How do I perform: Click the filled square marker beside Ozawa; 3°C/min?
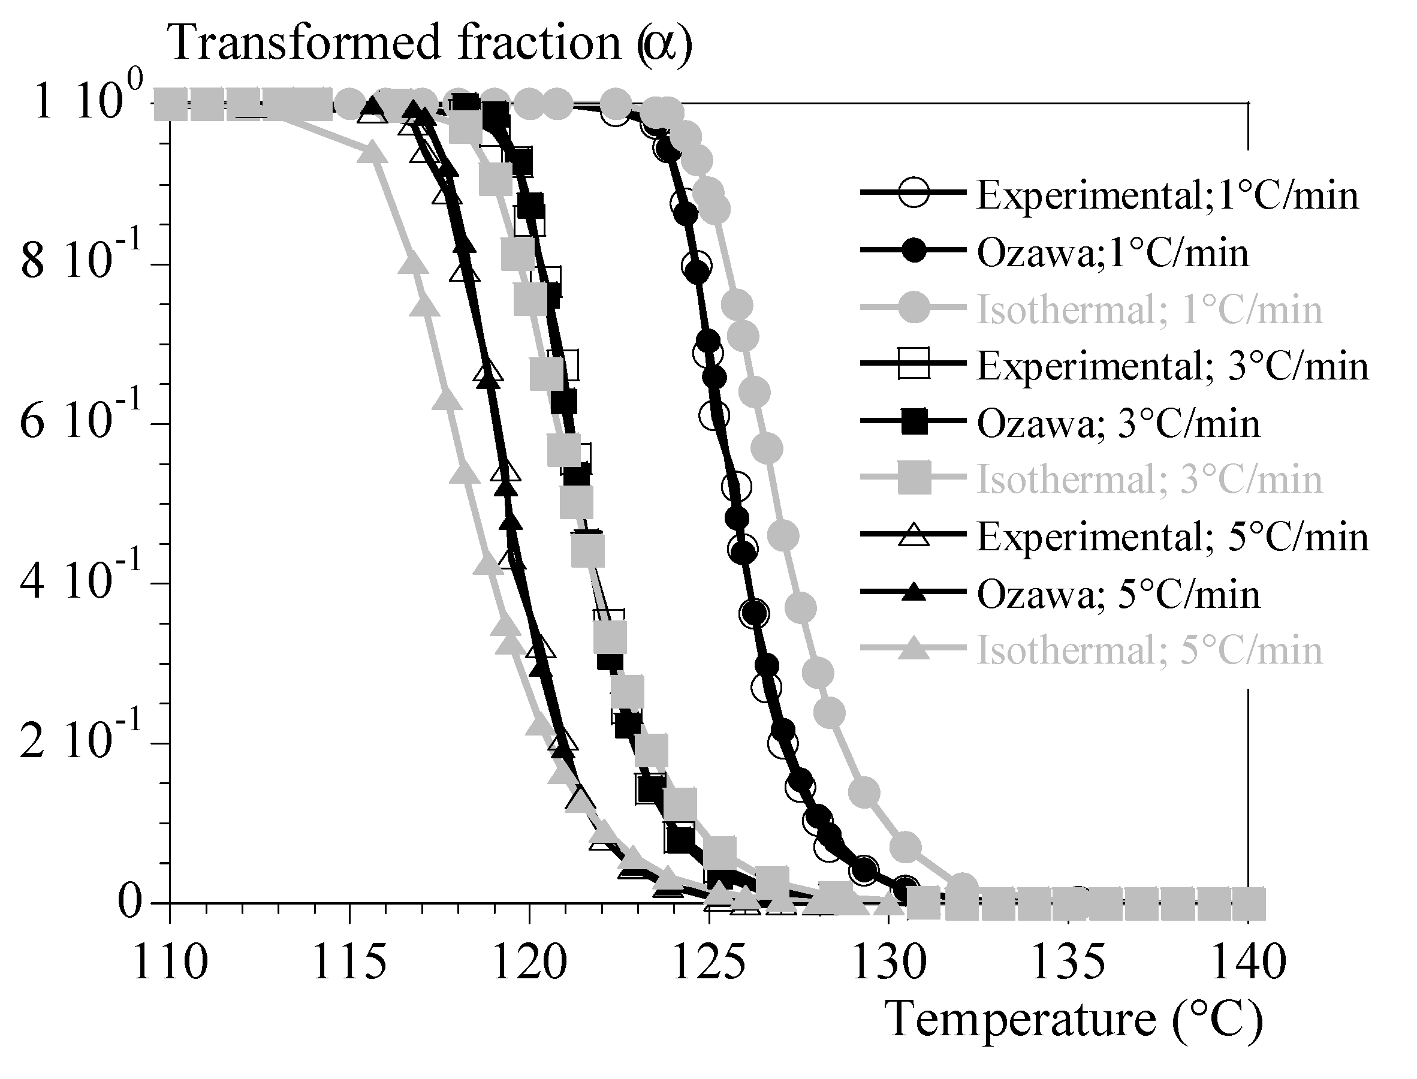[913, 423]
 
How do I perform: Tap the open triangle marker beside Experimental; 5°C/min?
[913, 536]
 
